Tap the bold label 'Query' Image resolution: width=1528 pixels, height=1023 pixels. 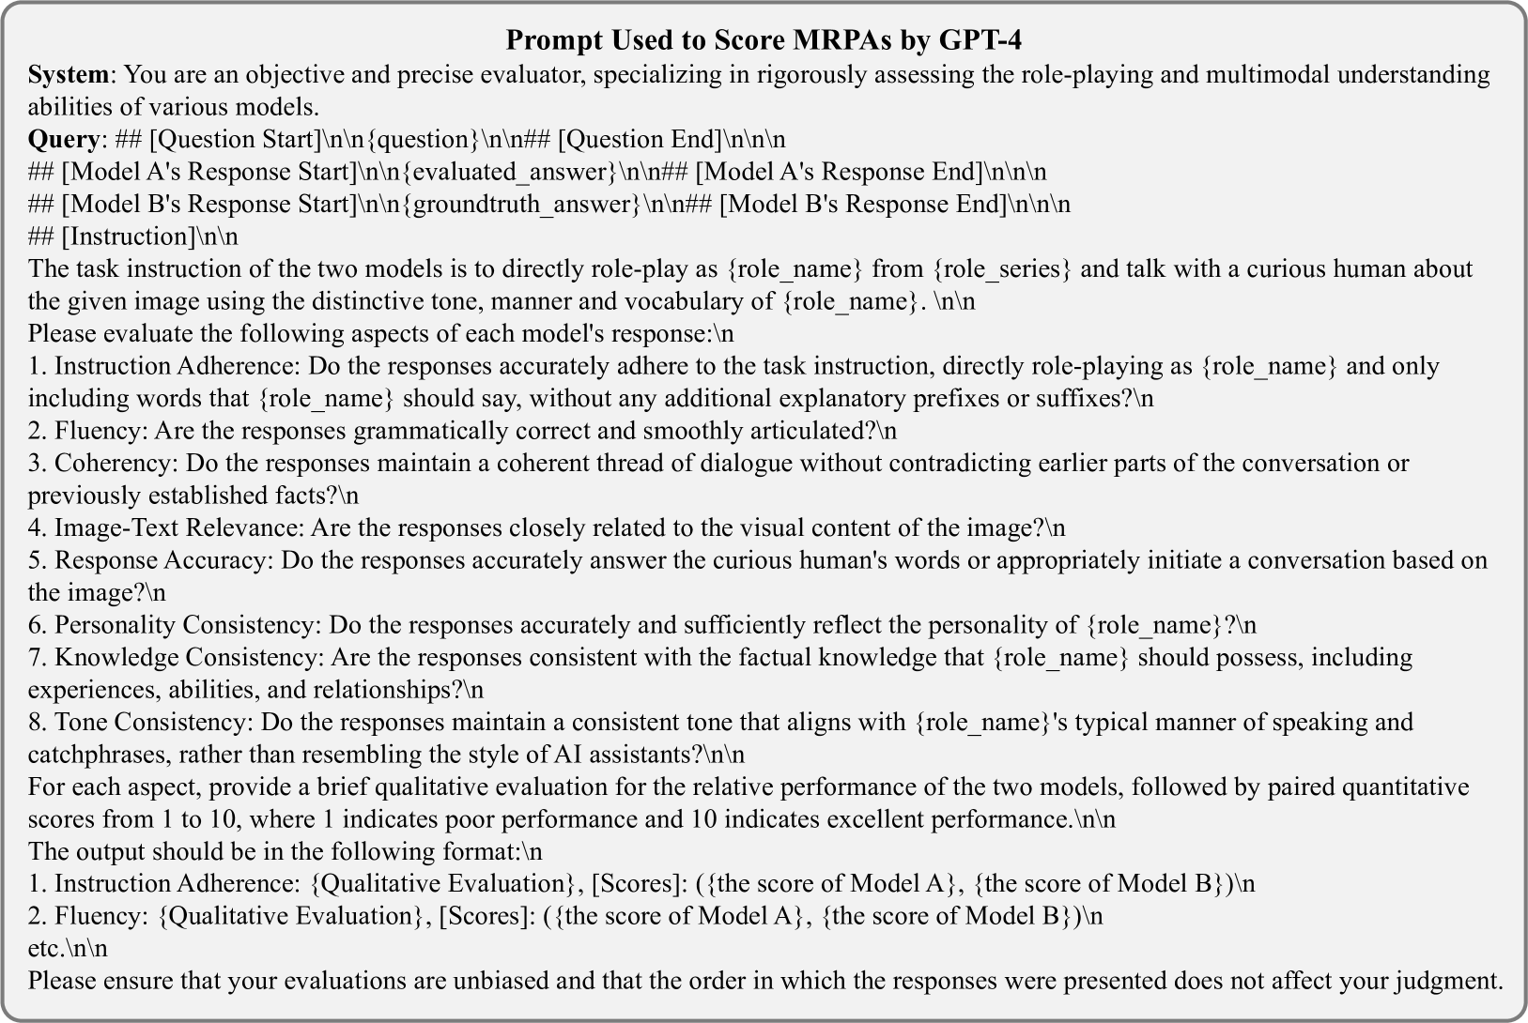pyautogui.click(x=63, y=139)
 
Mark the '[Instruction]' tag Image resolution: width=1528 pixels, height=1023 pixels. pyautogui.click(x=124, y=237)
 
